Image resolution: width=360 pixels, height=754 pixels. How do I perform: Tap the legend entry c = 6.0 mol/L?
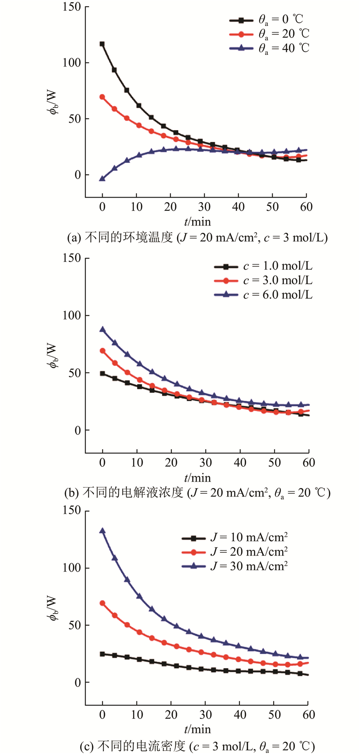coord(263,294)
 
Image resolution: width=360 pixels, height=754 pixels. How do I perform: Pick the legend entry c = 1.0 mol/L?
coord(263,266)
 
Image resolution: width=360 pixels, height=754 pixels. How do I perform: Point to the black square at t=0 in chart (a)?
coord(102,44)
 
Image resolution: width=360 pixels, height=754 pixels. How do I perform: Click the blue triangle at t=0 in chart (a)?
coord(102,179)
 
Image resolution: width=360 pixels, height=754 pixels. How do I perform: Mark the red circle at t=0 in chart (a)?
coord(102,97)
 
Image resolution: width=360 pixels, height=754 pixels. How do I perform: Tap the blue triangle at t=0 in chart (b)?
coord(102,330)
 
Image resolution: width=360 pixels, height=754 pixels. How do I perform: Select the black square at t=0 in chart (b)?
coord(102,374)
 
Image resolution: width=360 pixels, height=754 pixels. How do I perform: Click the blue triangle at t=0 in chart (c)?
coord(102,531)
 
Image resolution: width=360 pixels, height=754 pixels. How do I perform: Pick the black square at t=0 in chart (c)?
coord(102,654)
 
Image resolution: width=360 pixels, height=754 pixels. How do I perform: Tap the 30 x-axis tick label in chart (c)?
coord(206,714)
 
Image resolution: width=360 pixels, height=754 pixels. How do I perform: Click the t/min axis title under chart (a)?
coord(197,221)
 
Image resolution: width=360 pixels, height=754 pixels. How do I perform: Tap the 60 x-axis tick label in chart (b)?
coord(309,463)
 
